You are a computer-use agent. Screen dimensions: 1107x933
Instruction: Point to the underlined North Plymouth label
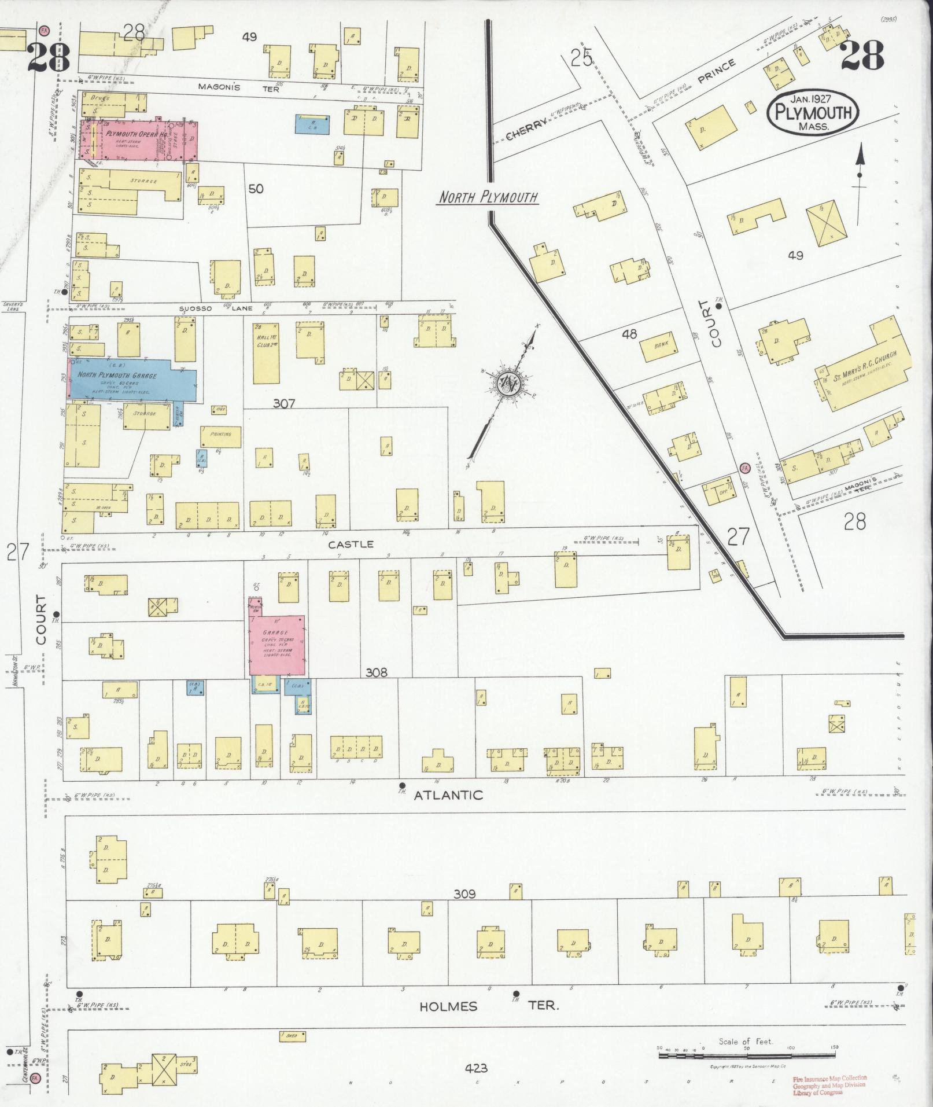(488, 197)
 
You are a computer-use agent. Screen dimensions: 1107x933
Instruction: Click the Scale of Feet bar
(746, 1056)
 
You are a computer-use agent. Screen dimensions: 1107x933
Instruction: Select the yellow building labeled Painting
(221, 436)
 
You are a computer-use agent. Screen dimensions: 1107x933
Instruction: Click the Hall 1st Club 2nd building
(266, 353)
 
